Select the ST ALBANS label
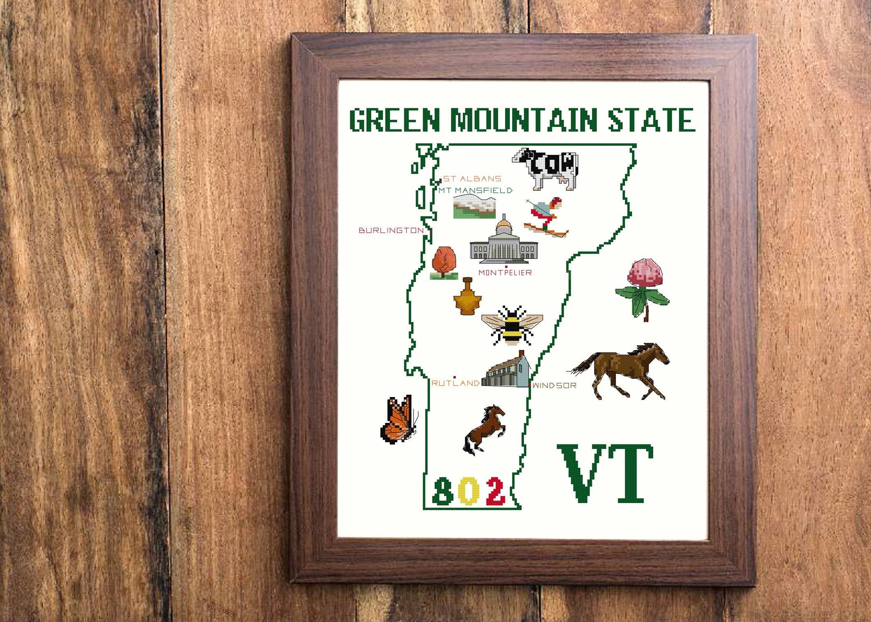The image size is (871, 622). coord(472,179)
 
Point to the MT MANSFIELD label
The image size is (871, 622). coord(475,190)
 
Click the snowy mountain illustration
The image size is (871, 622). coord(474,208)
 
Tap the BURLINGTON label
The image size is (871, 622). coord(391,230)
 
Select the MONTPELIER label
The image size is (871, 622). coord(505,273)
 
